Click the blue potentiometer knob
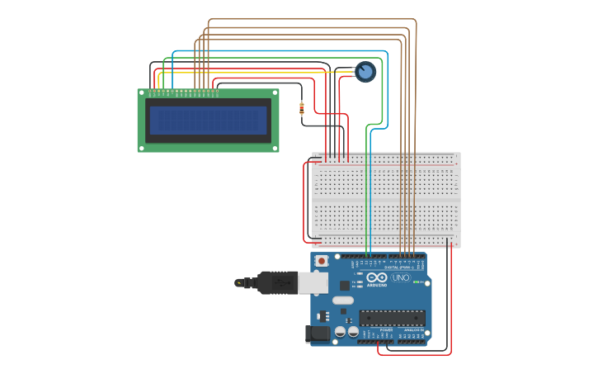click(x=365, y=72)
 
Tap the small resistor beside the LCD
click(x=302, y=107)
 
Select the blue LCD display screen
click(x=208, y=121)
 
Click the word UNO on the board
click(x=400, y=278)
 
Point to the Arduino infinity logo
click(x=377, y=278)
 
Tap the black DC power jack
click(x=317, y=334)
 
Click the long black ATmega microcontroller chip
click(x=392, y=318)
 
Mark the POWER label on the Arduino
click(x=386, y=329)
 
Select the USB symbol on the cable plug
click(x=239, y=283)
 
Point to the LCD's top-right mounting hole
click(x=275, y=93)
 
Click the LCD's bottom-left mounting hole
click(x=141, y=148)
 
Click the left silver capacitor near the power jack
click(x=340, y=332)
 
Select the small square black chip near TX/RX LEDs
click(x=344, y=285)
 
